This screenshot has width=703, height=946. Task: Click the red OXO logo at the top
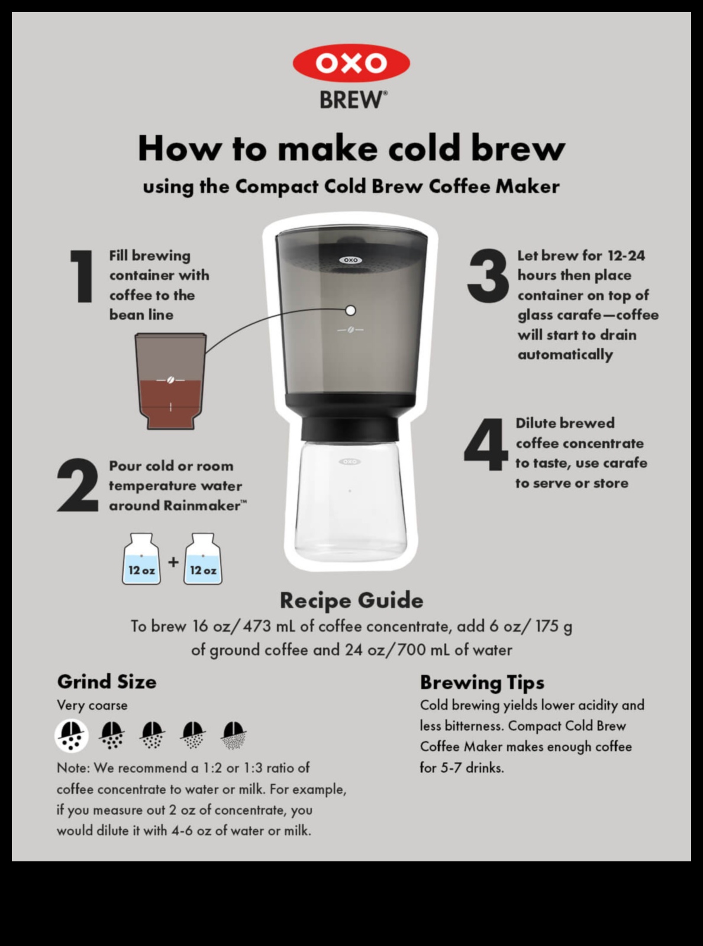[351, 63]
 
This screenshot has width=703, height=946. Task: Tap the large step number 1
[82, 276]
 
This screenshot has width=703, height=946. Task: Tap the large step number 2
[78, 485]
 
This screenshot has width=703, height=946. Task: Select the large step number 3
[487, 276]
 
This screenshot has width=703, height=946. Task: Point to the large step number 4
[486, 445]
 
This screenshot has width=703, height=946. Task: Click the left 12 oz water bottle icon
[141, 560]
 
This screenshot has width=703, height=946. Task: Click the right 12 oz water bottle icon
[203, 560]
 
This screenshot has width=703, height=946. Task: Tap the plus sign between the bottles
[173, 561]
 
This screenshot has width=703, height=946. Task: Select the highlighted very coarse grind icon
[71, 736]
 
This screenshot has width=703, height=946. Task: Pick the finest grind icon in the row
[234, 735]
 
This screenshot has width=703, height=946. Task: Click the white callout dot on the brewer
[350, 310]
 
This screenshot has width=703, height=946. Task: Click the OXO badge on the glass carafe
[349, 461]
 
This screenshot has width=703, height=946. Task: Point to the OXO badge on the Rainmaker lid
[350, 260]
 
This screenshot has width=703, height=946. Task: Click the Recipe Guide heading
[352, 600]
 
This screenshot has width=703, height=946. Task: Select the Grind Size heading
[107, 681]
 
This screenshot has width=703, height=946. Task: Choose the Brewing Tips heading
[482, 682]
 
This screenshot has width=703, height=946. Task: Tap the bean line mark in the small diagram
[170, 379]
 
